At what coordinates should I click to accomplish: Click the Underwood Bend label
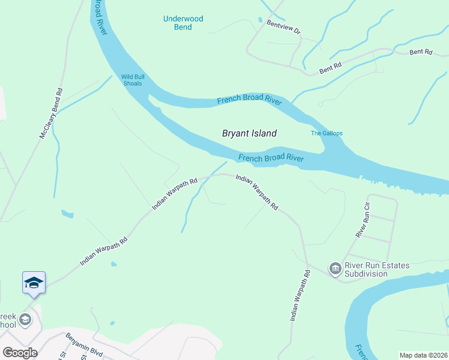(x=183, y=23)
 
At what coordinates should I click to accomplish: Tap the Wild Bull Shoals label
(x=132, y=80)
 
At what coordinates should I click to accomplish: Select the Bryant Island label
(x=249, y=134)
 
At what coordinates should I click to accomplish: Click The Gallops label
(x=325, y=133)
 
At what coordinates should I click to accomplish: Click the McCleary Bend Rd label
(x=51, y=114)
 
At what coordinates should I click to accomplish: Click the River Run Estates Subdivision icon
(x=334, y=268)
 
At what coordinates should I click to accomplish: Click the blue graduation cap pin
(x=34, y=282)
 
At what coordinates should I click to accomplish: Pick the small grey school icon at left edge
(x=25, y=319)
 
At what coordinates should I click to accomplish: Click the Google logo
(x=20, y=353)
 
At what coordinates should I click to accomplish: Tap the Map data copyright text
(x=423, y=355)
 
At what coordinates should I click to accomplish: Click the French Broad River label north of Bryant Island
(x=249, y=100)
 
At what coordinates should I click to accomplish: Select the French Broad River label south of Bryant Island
(x=271, y=158)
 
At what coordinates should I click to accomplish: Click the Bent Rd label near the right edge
(x=420, y=52)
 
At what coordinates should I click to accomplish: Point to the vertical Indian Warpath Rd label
(x=301, y=295)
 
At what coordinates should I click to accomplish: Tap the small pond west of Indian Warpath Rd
(x=68, y=214)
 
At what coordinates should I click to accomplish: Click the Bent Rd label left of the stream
(x=330, y=68)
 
